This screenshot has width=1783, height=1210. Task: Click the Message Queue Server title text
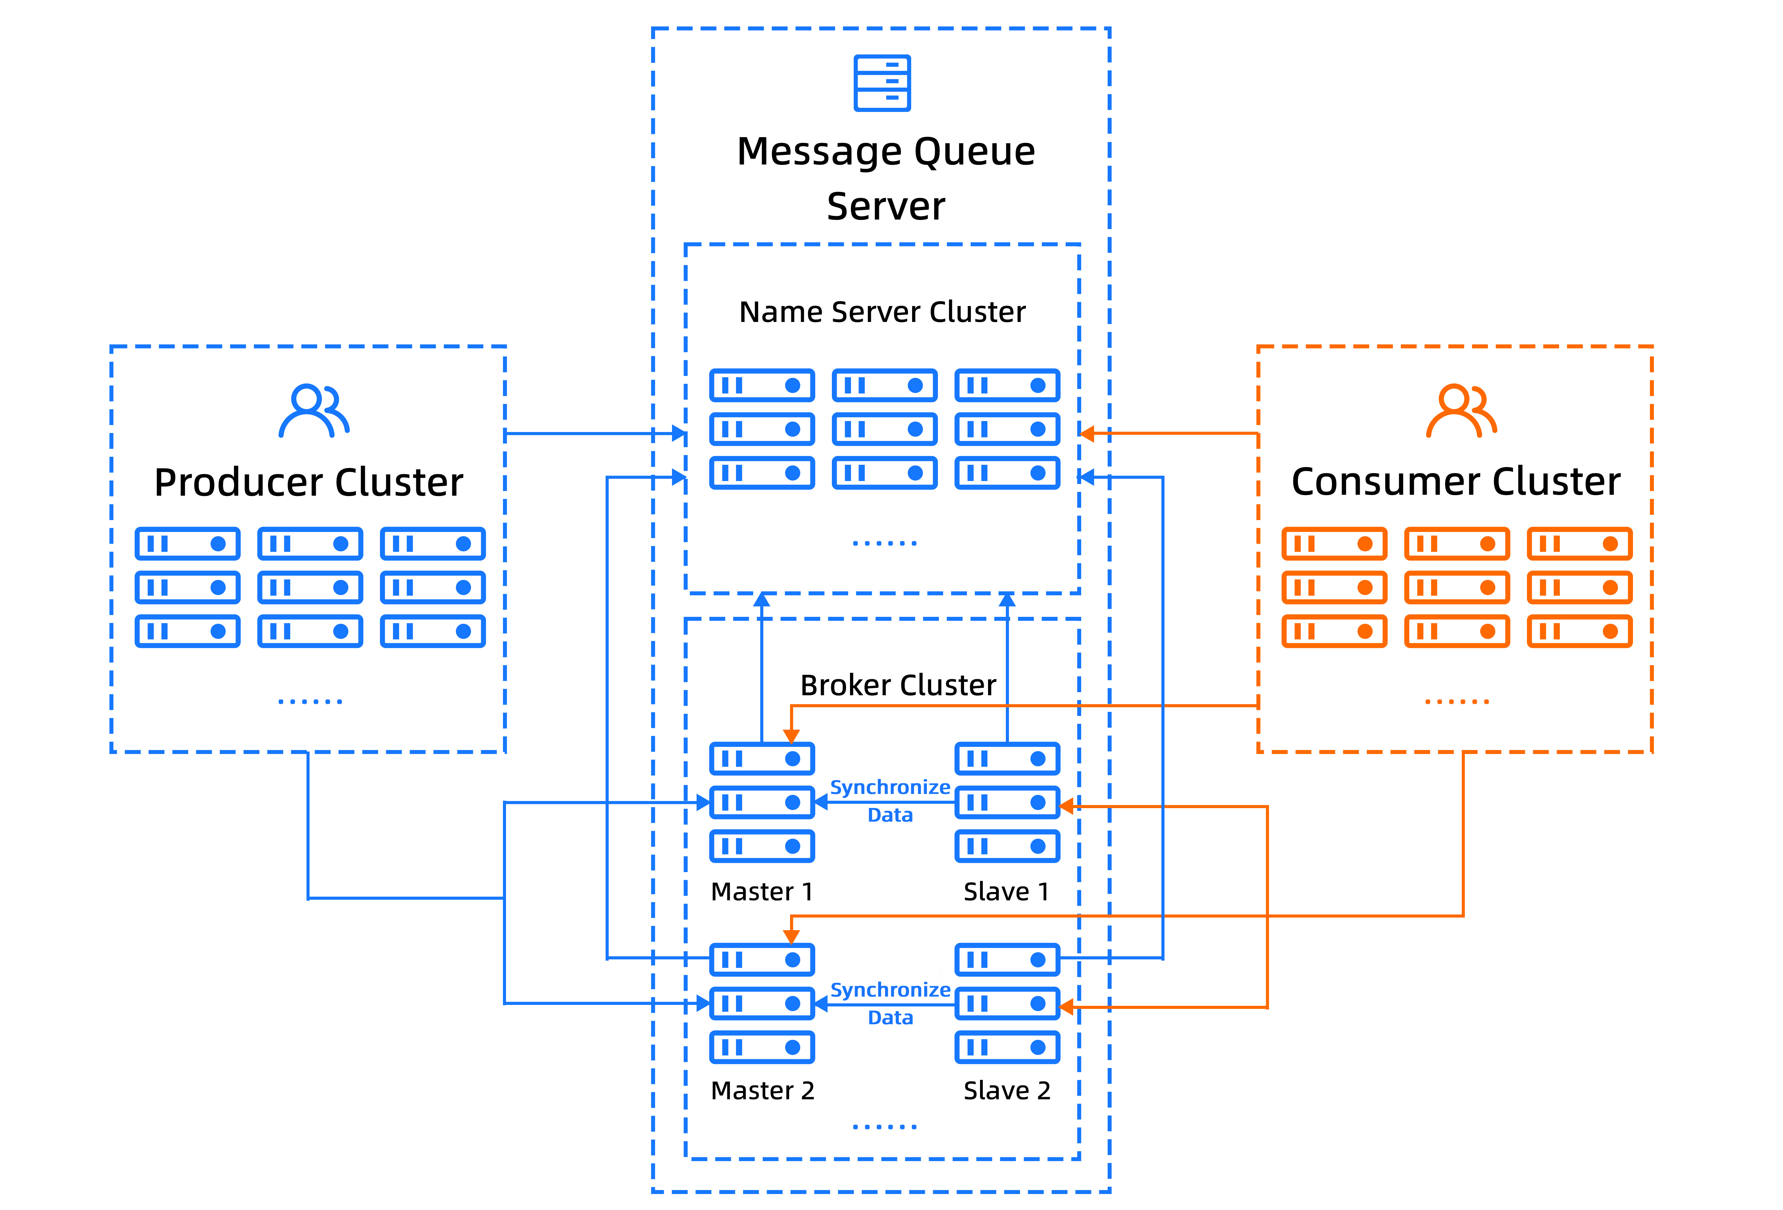[886, 178]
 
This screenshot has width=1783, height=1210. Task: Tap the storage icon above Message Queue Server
[882, 83]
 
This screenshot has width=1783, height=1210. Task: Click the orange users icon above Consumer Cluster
[1461, 411]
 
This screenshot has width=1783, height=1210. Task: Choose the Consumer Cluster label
[1456, 482]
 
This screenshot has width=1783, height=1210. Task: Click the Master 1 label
[762, 891]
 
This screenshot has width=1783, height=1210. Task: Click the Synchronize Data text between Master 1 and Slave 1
[890, 801]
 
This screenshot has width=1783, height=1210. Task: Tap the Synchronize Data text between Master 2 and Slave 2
[890, 1004]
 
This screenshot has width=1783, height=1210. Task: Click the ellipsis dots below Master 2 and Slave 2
[885, 1126]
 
